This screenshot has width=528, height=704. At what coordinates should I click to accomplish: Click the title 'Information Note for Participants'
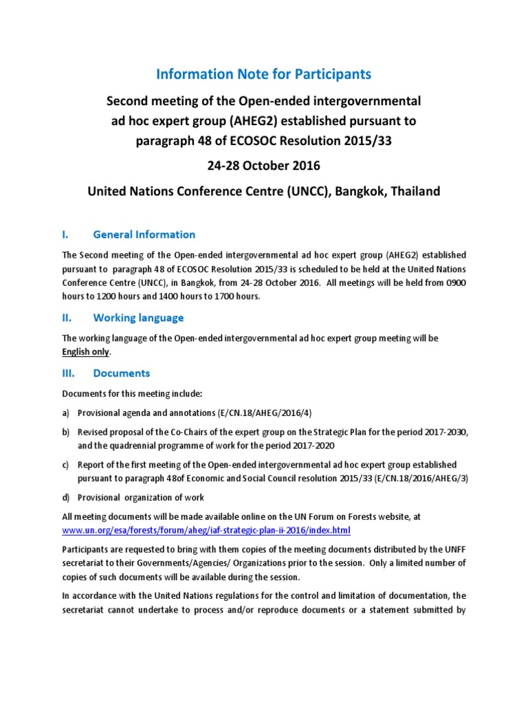(264, 74)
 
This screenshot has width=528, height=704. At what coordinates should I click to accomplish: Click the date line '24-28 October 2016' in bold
(264, 167)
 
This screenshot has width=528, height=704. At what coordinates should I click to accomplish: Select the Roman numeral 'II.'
(67, 318)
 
